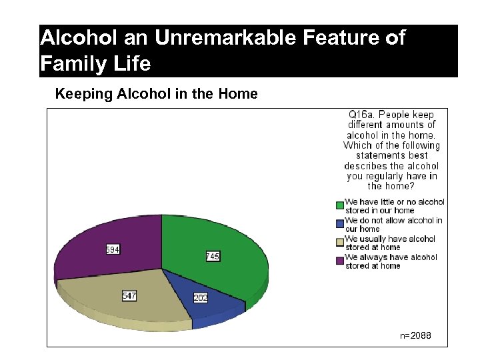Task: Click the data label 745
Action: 213,257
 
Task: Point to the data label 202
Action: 201,298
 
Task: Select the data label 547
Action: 129,295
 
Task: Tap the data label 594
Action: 113,250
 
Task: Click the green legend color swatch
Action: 339,203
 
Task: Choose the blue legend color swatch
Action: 339,221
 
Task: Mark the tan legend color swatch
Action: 339,239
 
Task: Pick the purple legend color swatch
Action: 339,257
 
